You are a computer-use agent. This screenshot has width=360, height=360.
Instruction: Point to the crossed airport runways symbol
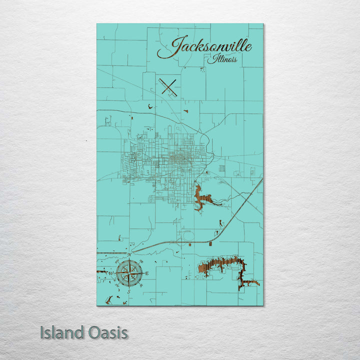click(x=169, y=87)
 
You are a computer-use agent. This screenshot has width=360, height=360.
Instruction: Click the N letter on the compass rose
click(x=129, y=255)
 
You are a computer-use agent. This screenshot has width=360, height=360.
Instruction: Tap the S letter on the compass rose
click(x=129, y=291)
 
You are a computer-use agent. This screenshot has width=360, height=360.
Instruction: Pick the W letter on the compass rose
click(x=111, y=273)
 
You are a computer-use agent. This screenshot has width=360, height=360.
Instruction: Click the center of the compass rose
click(x=129, y=273)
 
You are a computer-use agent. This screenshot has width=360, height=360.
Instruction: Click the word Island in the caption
click(x=61, y=332)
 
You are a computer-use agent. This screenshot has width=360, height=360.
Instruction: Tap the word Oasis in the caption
click(x=106, y=332)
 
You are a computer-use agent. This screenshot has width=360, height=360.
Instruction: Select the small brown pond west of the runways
click(x=149, y=105)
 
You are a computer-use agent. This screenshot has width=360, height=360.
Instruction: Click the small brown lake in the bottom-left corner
click(x=108, y=299)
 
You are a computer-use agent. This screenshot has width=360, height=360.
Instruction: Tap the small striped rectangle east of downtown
click(x=222, y=169)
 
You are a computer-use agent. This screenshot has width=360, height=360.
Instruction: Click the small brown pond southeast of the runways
click(x=185, y=111)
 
